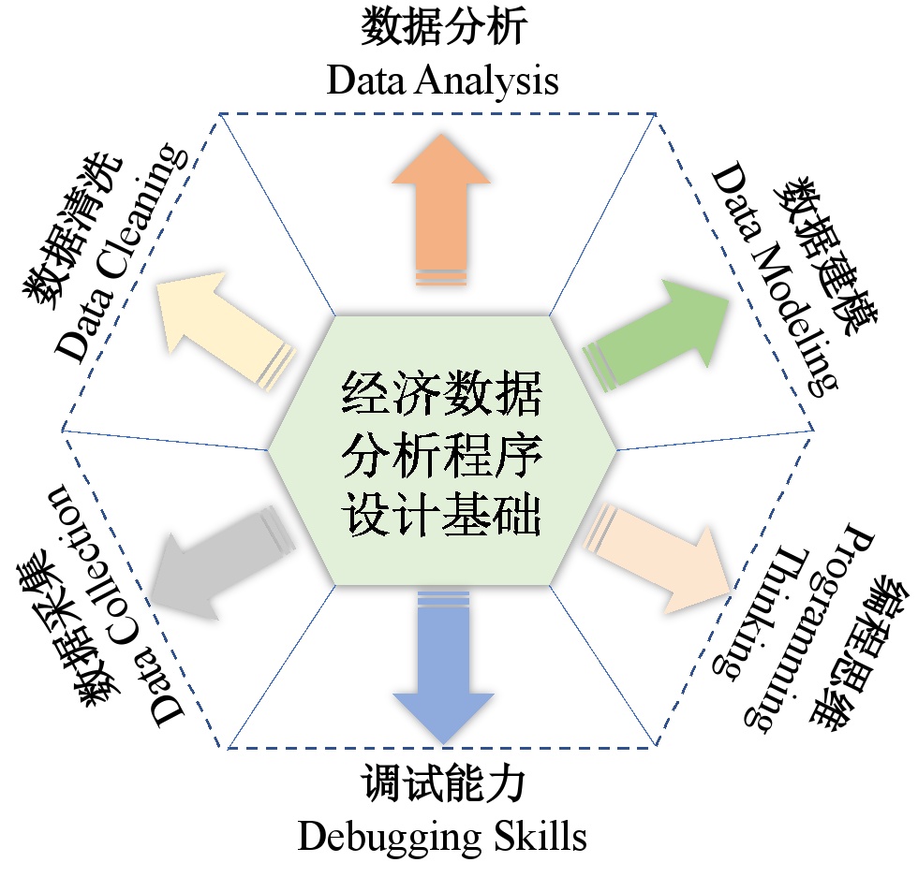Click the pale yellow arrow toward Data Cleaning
point(220,328)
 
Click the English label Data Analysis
point(442,80)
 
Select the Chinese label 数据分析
point(443,29)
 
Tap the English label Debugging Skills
point(442,835)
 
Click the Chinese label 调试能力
point(443,784)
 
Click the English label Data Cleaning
point(118,253)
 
